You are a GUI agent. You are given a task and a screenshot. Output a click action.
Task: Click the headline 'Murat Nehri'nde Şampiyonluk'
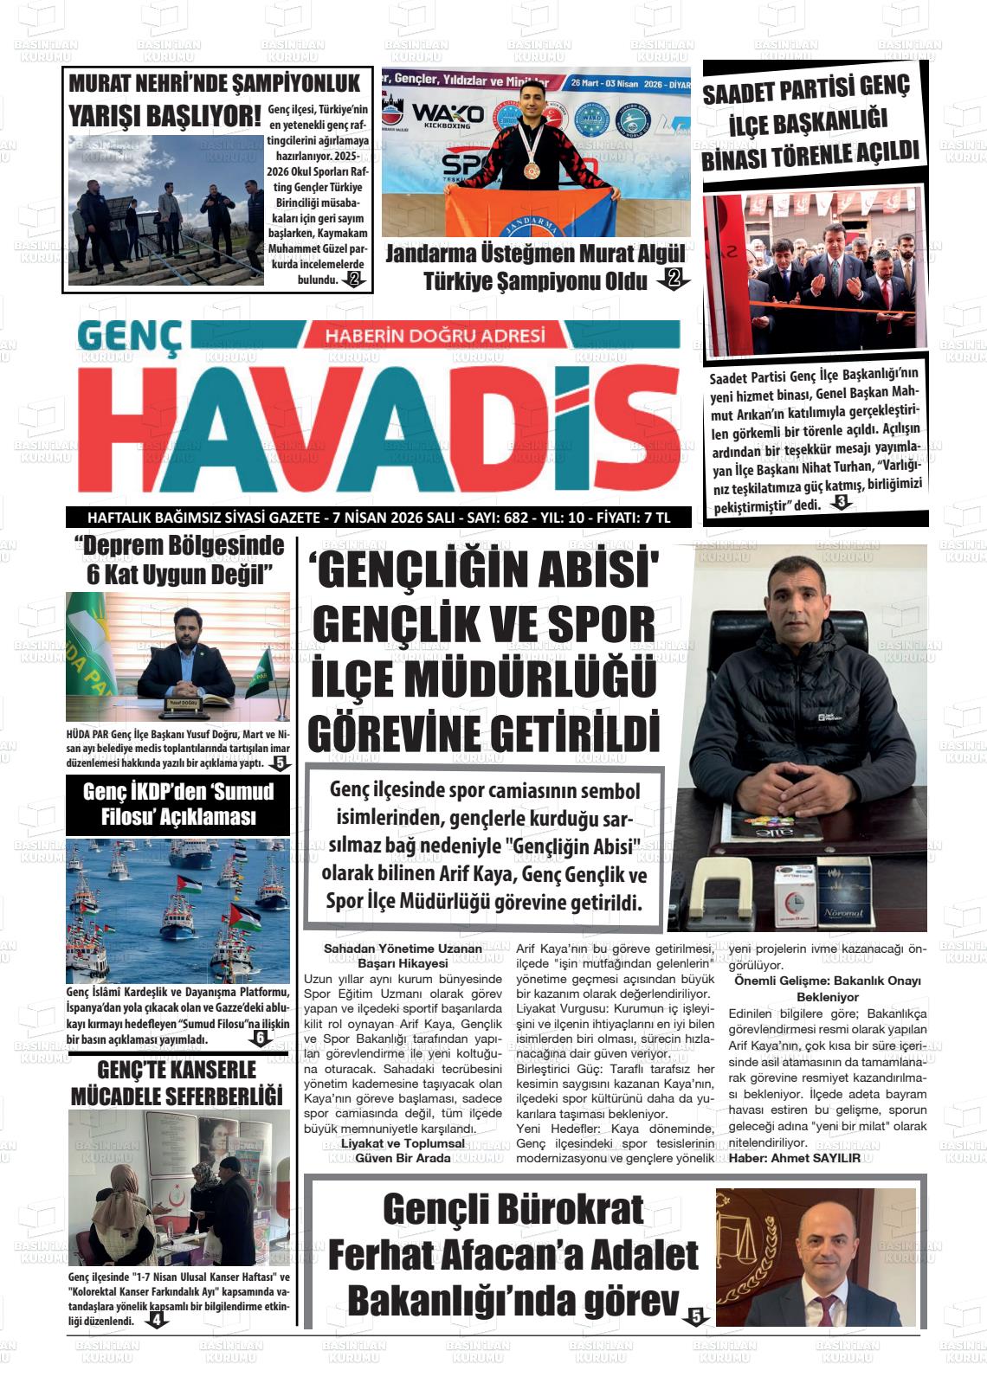214,84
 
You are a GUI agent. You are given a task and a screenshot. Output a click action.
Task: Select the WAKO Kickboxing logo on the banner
448,115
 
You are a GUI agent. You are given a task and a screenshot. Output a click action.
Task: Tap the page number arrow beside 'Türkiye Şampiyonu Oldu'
674,279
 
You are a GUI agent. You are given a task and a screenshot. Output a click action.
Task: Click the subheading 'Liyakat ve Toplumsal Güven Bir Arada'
403,1150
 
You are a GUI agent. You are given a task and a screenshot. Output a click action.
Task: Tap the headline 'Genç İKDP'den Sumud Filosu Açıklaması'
177,804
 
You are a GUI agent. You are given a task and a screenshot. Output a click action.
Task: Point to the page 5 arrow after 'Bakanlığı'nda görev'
695,1316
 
